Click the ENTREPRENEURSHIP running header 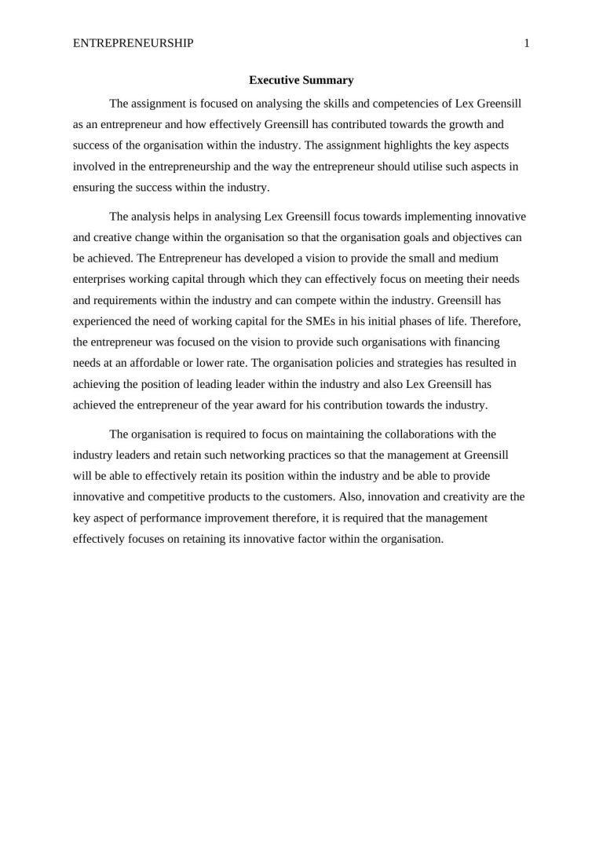click(x=133, y=44)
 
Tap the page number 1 click(x=527, y=44)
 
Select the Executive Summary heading click(x=301, y=80)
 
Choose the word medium click(x=481, y=258)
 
